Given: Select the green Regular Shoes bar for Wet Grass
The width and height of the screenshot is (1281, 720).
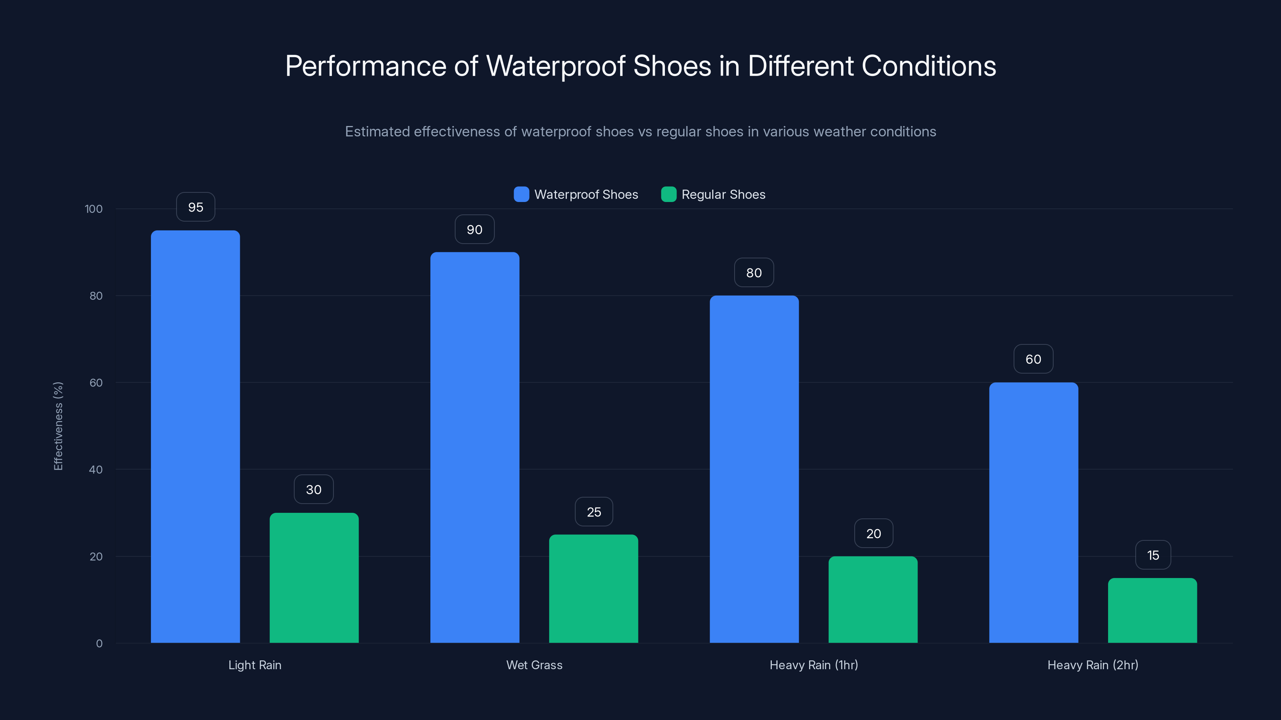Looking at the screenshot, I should coord(593,588).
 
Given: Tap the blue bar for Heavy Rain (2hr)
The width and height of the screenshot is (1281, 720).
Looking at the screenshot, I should coord(1033,512).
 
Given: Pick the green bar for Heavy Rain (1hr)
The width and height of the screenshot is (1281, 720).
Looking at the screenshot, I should coord(873,599).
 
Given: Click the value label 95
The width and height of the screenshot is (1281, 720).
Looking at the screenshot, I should coord(195,207).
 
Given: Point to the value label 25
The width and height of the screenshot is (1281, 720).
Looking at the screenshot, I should coord(594,512).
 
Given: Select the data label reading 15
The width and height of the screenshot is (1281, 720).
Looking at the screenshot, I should coord(1153,555).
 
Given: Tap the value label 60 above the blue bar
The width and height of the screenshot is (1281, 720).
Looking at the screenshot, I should coord(1033,359).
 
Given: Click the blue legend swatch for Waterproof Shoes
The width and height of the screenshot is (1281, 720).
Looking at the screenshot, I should coord(521,194).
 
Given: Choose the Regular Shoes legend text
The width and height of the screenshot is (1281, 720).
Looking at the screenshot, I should coord(723,194).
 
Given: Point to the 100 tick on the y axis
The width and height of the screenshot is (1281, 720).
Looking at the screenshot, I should coord(94,209).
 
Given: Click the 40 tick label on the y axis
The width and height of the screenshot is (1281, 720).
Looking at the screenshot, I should coord(96,470).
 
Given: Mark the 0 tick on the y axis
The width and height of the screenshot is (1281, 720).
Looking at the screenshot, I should coord(99,644).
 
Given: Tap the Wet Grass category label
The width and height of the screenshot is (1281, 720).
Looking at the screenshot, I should coord(534,665).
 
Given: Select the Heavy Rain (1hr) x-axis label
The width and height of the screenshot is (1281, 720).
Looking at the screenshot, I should coord(813,665).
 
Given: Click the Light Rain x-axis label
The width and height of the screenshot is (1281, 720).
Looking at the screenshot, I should coord(255,665).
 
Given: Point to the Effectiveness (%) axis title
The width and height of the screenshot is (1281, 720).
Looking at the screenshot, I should coord(58,426).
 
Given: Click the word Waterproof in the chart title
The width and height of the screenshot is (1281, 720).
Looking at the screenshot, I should coord(556,66).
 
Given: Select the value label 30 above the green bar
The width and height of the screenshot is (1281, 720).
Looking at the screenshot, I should coord(314,490).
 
